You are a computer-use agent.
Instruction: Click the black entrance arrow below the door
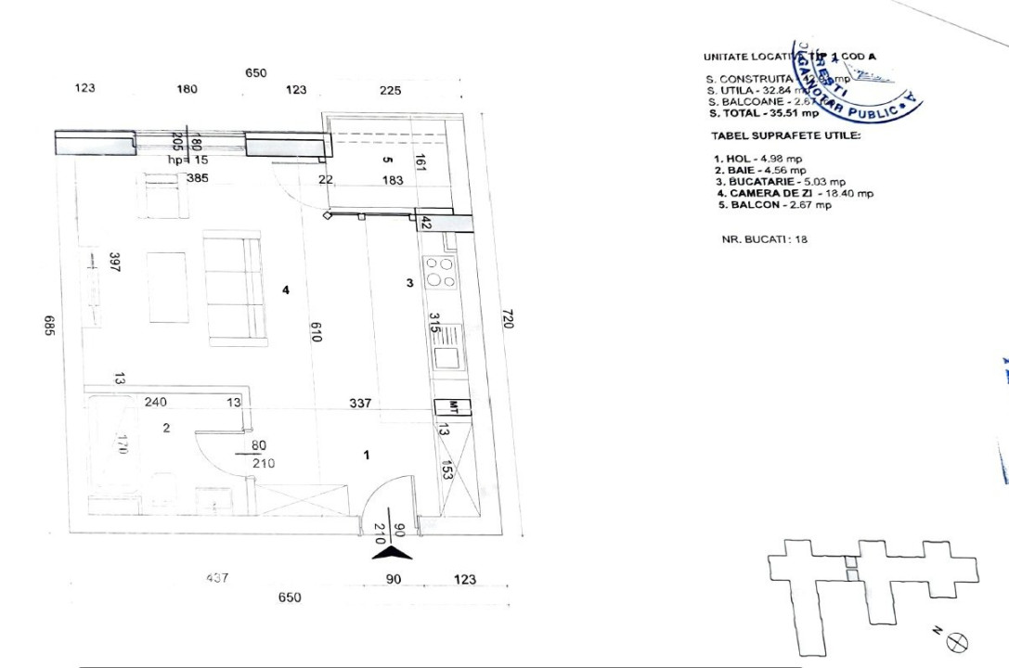(392, 553)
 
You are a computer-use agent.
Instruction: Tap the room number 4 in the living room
(286, 290)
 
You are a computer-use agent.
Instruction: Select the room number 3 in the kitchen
(409, 284)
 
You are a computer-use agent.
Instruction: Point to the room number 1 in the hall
(367, 455)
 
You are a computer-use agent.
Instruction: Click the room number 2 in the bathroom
(166, 428)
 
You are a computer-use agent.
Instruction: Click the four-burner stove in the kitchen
(439, 273)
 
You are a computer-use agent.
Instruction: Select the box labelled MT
(453, 406)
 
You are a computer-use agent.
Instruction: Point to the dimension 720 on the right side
(507, 318)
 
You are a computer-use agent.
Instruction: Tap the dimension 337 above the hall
(360, 403)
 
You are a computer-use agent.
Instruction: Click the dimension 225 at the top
(391, 90)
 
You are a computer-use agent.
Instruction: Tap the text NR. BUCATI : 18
(765, 238)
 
